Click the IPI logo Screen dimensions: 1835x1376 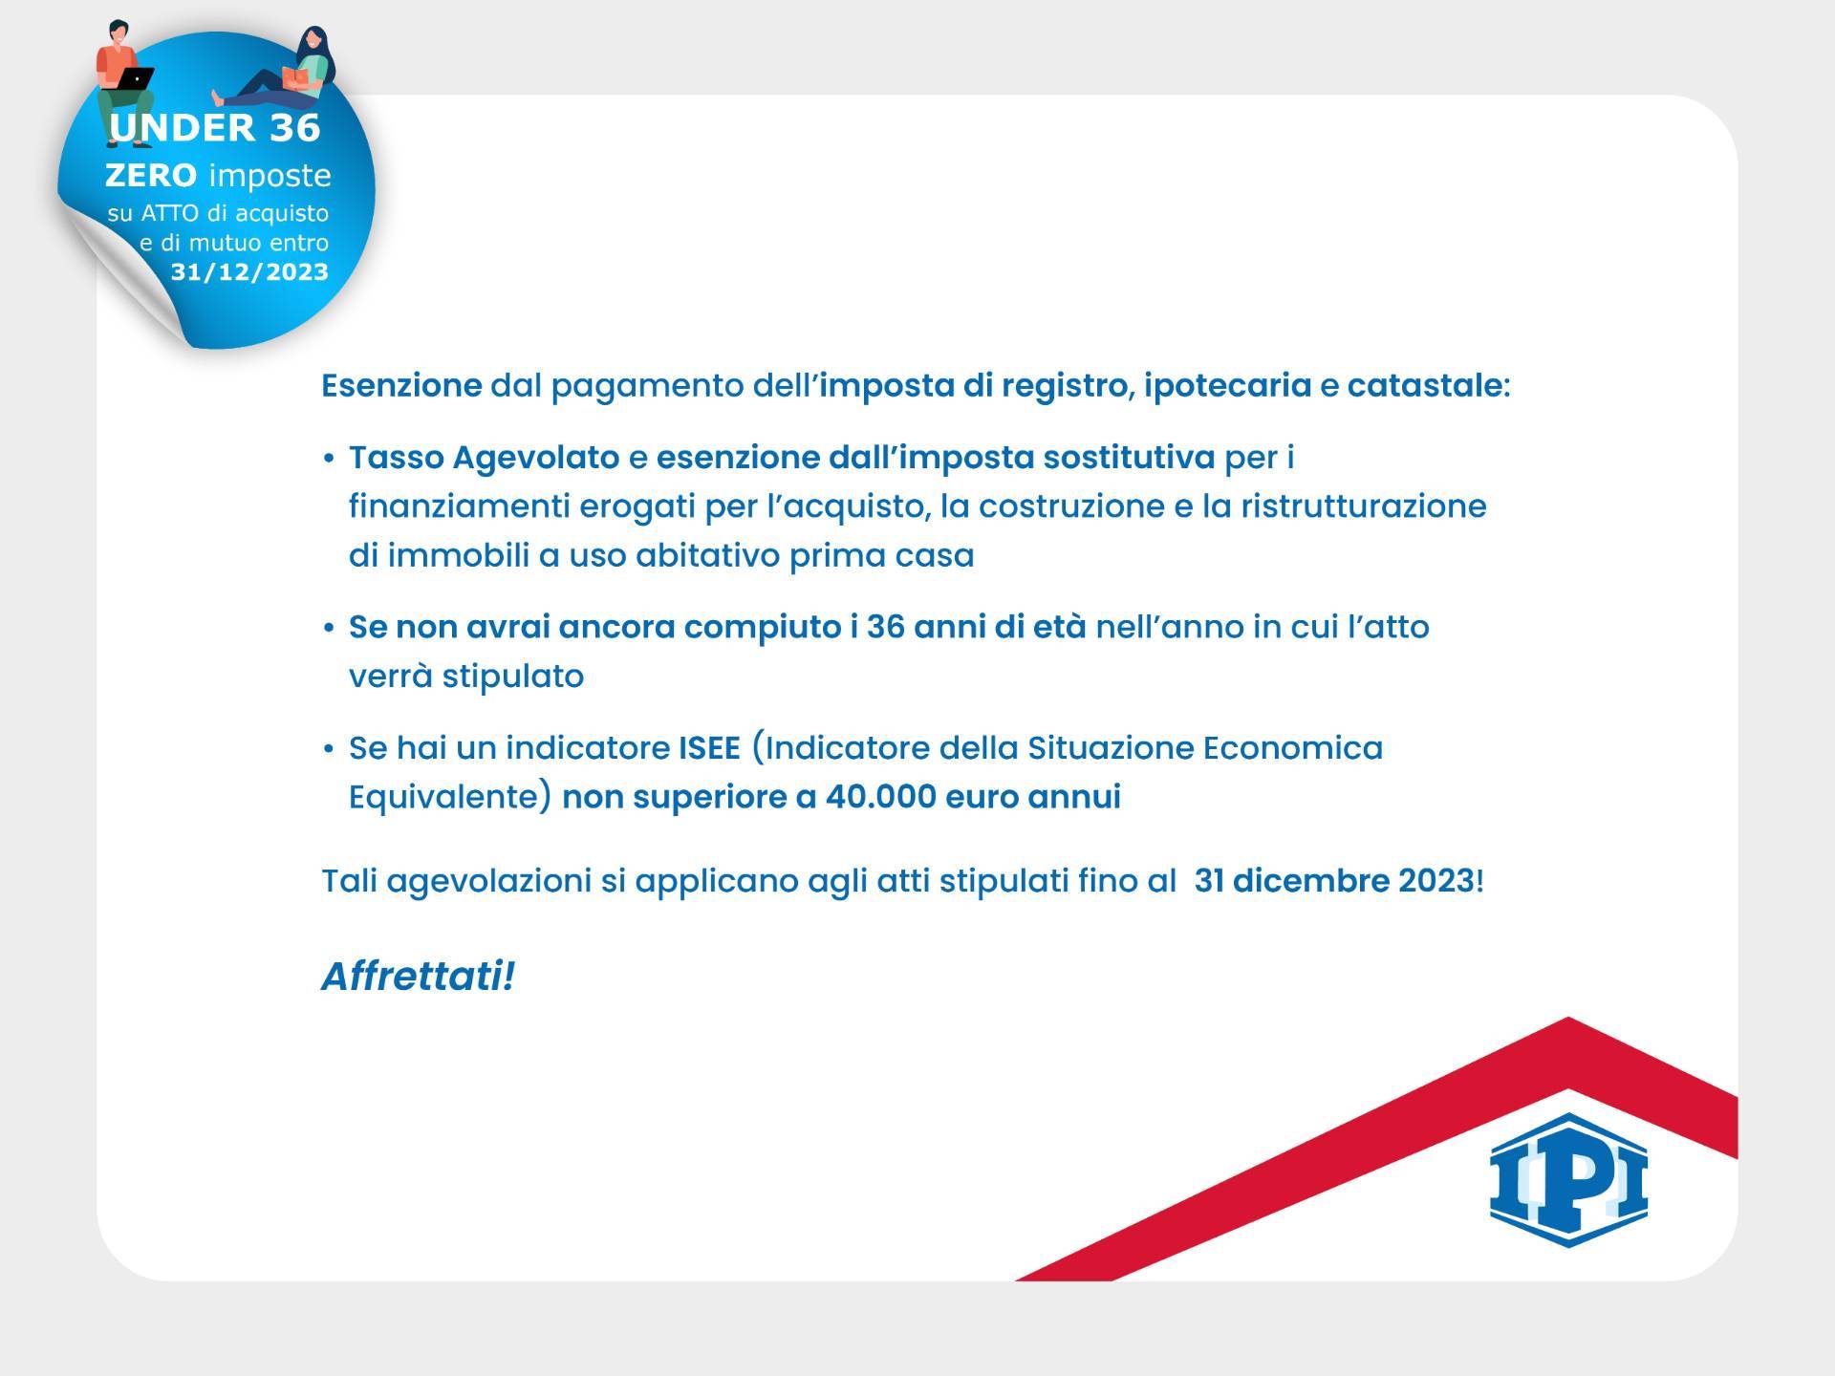1568,1179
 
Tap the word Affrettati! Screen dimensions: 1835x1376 418,977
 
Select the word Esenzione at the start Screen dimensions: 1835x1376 401,385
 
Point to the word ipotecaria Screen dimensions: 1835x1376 1227,387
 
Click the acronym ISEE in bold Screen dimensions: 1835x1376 709,747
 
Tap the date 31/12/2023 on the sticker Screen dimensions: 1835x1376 249,272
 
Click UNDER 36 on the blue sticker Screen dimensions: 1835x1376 215,128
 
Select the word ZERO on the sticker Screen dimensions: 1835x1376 151,175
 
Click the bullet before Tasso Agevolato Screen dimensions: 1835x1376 329,460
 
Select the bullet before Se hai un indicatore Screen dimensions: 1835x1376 329,749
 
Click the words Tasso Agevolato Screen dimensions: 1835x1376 484,459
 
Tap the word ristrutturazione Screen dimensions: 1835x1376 1364,505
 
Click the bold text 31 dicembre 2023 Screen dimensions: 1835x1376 1334,880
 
